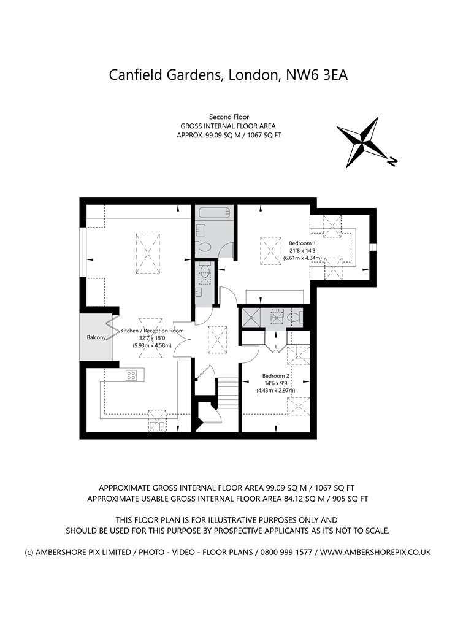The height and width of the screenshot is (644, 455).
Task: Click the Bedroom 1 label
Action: pyautogui.click(x=300, y=243)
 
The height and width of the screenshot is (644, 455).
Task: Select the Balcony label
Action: pyautogui.click(x=96, y=337)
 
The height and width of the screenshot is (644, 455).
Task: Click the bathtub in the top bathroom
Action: pyautogui.click(x=215, y=213)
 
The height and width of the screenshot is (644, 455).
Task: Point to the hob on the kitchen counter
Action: pyautogui.click(x=131, y=375)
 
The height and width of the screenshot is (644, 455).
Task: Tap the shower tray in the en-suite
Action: pyautogui.click(x=252, y=317)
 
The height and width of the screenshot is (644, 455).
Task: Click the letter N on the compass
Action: pyautogui.click(x=392, y=161)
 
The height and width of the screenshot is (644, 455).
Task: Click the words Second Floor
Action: pyautogui.click(x=229, y=117)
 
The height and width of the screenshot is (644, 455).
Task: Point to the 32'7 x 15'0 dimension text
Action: pyautogui.click(x=151, y=338)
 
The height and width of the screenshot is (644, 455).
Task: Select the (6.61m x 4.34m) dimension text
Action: pyautogui.click(x=299, y=258)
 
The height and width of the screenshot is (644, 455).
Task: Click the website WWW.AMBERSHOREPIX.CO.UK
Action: pyautogui.click(x=375, y=552)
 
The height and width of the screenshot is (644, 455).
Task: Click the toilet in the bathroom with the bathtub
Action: pyautogui.click(x=204, y=247)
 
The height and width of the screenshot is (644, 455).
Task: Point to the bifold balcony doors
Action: pyautogui.click(x=112, y=328)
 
